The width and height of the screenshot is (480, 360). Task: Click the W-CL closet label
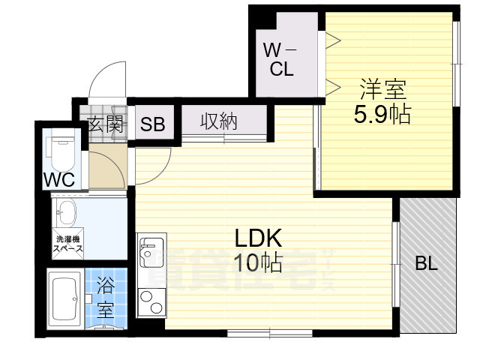coord(281,60)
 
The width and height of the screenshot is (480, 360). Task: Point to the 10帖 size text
coord(257,262)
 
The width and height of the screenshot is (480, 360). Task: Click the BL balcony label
coord(426,264)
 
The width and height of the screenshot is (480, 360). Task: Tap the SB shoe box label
coord(154,124)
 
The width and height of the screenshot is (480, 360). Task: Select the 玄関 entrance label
coord(105,124)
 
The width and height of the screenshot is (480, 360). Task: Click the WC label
coord(58,181)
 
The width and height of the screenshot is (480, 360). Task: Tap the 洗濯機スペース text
coord(67,244)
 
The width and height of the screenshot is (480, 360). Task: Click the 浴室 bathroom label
coord(105,296)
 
